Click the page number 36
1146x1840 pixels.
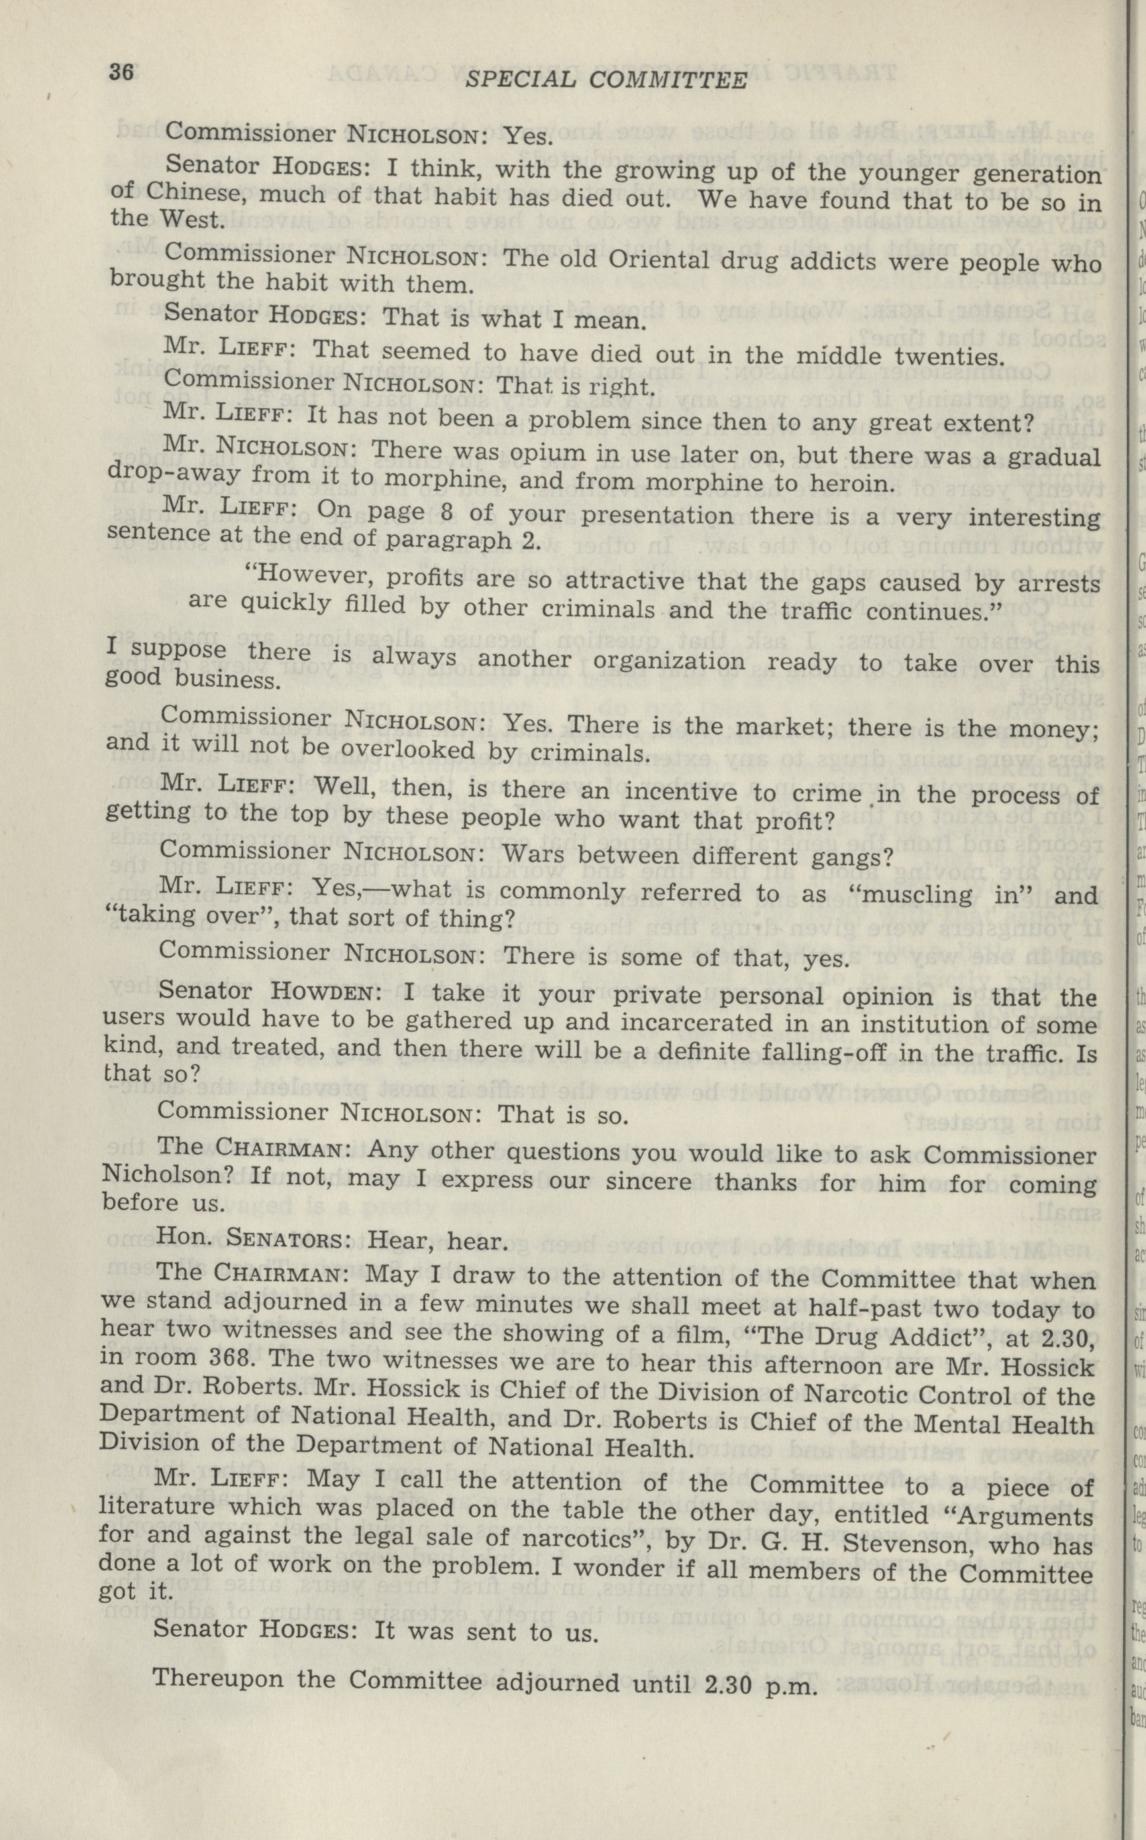coord(121,73)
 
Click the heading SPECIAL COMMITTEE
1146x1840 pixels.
coord(605,80)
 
